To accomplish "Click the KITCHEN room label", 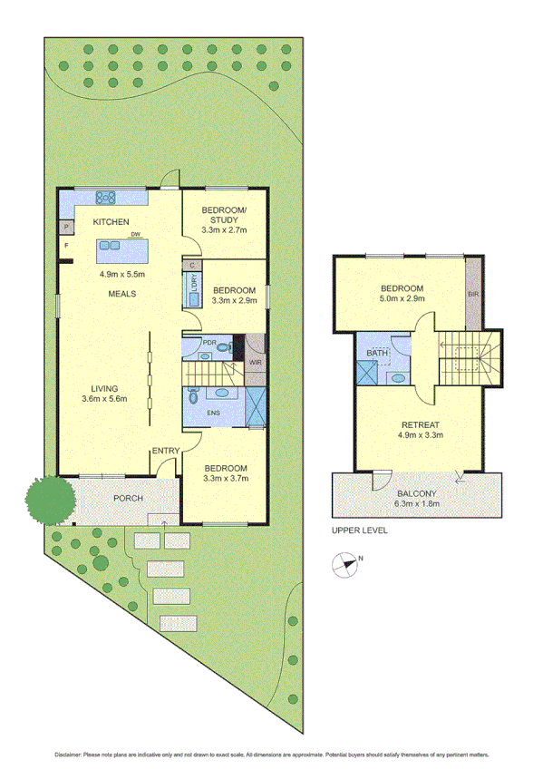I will [x=111, y=222].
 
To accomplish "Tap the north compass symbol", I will [x=344, y=565].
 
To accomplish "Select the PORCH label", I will [x=127, y=499].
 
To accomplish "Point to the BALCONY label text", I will [x=416, y=493].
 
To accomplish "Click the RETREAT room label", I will [x=416, y=423].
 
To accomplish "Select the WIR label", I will [x=255, y=364].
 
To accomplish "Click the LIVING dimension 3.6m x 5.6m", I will [x=104, y=399].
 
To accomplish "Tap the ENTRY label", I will [x=166, y=451].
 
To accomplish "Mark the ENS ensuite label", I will [x=214, y=414].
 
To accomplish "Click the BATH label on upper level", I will [x=374, y=353].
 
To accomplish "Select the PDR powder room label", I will [x=208, y=342].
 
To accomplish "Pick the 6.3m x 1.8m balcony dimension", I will [x=416, y=504].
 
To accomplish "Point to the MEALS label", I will [x=122, y=294].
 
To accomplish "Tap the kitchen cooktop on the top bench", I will [x=105, y=195].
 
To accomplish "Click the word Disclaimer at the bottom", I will [x=68, y=754].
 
